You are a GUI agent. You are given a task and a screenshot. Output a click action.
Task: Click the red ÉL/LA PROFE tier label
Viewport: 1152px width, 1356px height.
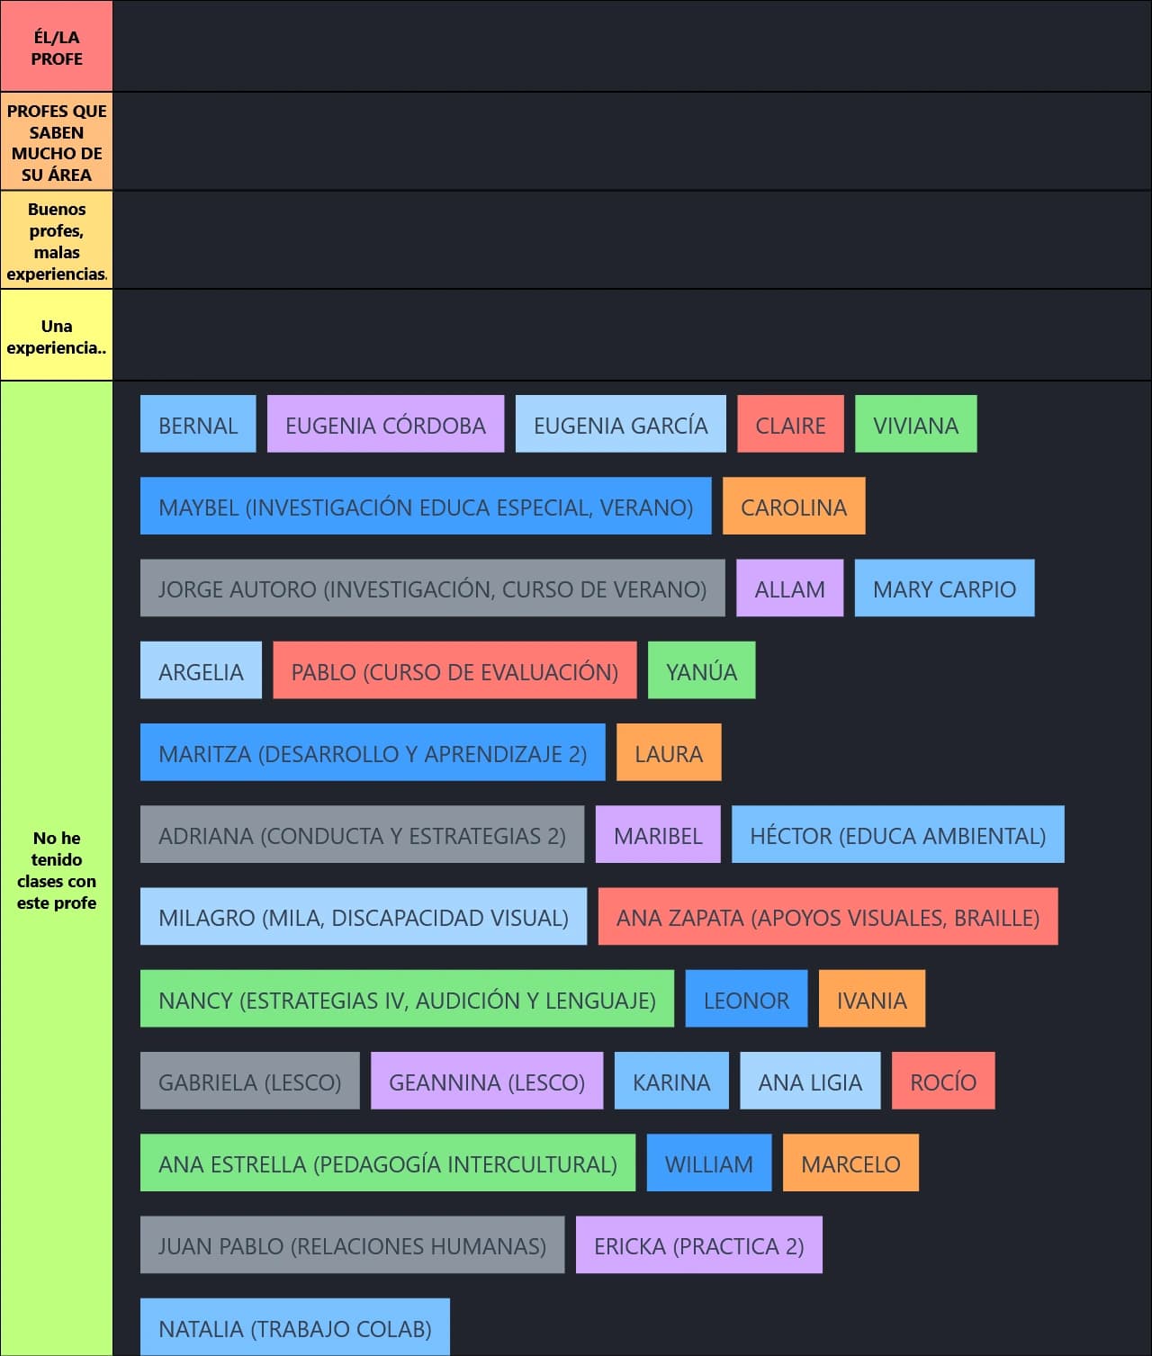click(57, 46)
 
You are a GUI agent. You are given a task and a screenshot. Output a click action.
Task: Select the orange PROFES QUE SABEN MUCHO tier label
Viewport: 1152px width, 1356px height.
click(57, 141)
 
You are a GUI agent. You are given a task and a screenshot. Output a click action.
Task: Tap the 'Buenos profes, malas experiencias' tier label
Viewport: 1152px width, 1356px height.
click(57, 240)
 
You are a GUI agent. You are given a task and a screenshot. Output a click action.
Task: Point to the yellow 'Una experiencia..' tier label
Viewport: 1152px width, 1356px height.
click(57, 336)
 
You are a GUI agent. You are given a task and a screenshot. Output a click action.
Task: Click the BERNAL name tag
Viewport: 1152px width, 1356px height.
click(198, 424)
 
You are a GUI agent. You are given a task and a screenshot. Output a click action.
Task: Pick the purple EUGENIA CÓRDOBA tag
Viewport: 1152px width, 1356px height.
click(386, 424)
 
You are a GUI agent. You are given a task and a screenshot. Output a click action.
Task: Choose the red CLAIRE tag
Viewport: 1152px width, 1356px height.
click(790, 424)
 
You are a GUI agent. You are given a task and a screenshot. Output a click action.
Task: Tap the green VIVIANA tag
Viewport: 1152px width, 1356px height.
click(916, 424)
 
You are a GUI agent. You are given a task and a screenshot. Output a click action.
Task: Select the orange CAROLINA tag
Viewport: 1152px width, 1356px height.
click(794, 506)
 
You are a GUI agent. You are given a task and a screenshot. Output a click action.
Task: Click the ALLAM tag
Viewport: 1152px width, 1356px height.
click(790, 588)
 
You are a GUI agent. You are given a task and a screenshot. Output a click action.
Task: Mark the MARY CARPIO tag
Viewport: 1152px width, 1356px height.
click(945, 588)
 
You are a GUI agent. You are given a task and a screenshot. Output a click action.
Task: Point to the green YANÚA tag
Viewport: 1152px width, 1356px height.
click(702, 669)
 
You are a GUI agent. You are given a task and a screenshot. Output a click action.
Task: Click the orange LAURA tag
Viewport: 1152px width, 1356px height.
click(670, 752)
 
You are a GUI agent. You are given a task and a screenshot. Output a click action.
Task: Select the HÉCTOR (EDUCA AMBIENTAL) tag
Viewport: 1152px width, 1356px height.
click(898, 834)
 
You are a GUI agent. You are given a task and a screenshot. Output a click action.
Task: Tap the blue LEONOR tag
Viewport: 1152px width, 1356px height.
click(747, 999)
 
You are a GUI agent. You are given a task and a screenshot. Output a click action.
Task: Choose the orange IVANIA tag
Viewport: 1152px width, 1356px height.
click(872, 999)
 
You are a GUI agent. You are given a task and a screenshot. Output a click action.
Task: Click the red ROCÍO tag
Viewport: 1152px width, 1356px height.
click(943, 1081)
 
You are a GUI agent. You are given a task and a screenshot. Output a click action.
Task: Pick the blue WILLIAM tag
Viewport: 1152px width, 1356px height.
click(709, 1163)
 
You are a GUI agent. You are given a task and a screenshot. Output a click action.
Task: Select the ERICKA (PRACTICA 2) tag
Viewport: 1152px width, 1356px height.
click(699, 1244)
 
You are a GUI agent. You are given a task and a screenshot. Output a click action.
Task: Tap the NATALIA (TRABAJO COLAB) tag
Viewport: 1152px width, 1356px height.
click(295, 1326)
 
